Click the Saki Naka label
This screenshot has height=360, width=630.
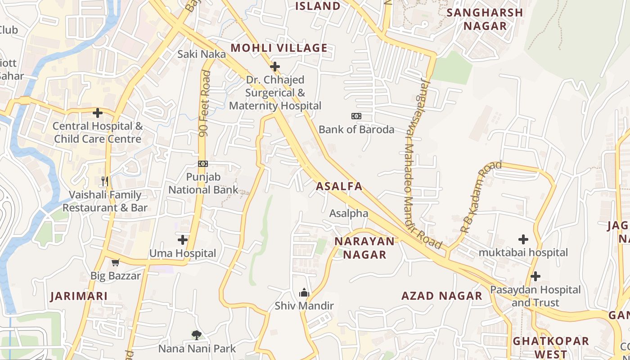(x=201, y=54)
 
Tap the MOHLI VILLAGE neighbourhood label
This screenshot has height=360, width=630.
(x=279, y=48)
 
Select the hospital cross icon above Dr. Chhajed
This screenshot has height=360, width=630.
(x=274, y=67)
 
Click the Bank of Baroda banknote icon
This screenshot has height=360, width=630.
(x=356, y=116)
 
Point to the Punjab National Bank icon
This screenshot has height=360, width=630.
(x=203, y=164)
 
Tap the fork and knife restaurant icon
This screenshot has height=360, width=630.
(x=105, y=181)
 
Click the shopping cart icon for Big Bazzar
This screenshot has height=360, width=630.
(x=116, y=262)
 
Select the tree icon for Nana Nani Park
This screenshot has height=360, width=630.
(x=196, y=335)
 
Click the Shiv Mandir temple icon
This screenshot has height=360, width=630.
(x=304, y=293)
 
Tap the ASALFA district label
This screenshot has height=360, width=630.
(x=339, y=186)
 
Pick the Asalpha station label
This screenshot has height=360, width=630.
(x=349, y=213)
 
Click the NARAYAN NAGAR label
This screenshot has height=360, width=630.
(x=364, y=248)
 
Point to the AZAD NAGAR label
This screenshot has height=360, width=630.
(x=441, y=296)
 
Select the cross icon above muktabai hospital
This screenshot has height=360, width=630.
(x=523, y=239)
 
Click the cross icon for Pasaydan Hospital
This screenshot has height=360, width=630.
(x=535, y=276)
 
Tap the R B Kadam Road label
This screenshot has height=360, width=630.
(x=480, y=197)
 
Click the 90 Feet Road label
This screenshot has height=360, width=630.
(x=206, y=104)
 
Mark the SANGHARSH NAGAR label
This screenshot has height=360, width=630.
(x=485, y=19)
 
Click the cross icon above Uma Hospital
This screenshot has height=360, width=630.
(x=182, y=239)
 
